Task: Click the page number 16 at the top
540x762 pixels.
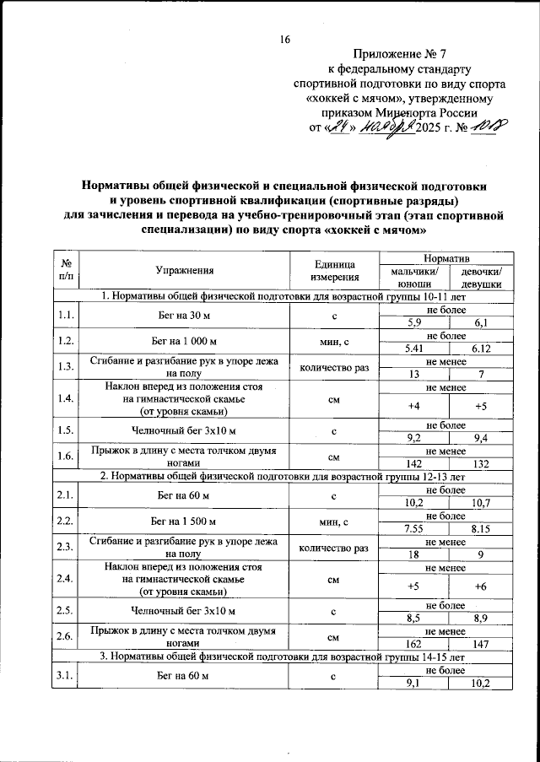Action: point(284,40)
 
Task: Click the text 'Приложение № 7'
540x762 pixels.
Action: point(399,53)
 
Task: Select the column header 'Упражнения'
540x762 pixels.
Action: point(185,270)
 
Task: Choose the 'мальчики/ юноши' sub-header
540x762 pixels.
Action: point(413,278)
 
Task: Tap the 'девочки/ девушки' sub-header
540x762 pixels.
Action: point(482,278)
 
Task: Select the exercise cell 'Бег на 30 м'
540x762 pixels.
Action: point(185,316)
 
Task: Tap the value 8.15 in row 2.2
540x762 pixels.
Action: point(482,529)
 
